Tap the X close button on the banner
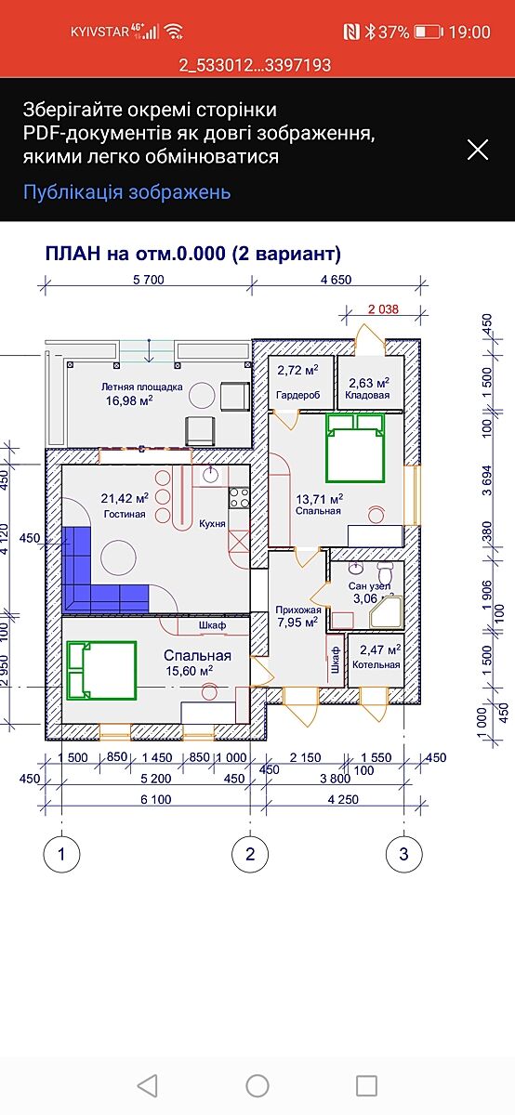478,150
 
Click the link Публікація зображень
127,191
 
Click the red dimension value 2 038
383,309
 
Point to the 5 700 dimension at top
149,280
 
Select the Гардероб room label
297,395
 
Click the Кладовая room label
367,395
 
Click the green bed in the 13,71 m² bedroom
355,448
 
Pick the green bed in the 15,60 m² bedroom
101,670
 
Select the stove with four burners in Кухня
239,497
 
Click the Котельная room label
376,664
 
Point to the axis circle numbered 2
250,854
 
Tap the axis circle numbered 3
404,854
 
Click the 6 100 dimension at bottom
156,799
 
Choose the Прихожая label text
298,610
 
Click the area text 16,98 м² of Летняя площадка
129,400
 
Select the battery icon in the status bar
429,33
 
